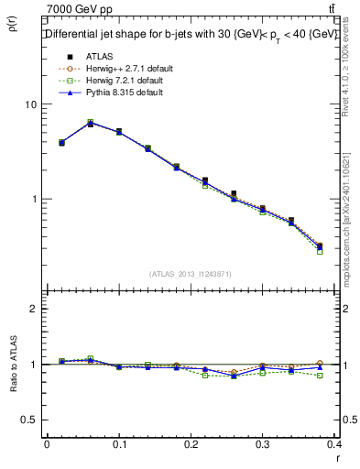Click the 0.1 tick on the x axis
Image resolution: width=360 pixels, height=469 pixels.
pos(118,442)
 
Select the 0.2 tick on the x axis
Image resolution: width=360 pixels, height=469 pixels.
pos(191,442)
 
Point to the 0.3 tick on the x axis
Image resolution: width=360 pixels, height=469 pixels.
pos(263,442)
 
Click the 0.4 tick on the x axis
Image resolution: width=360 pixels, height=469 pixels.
pos(333,442)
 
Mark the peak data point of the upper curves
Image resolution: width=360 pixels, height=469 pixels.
pos(90,123)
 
